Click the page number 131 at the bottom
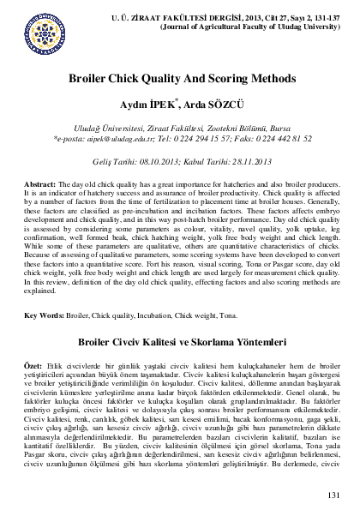[x=334, y=495]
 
